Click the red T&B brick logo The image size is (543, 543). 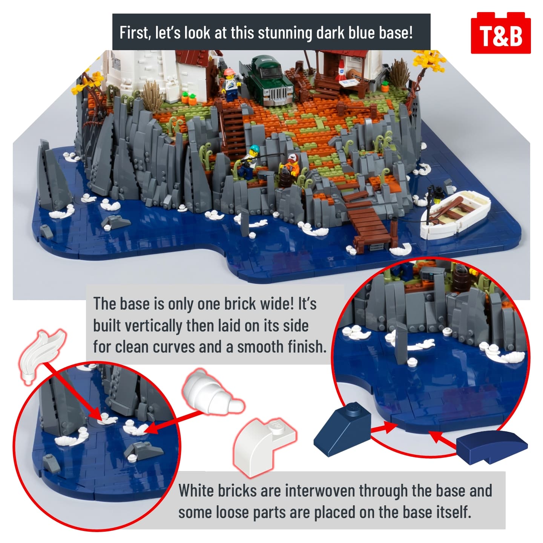tap(500, 33)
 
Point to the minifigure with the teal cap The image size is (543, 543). tap(248, 163)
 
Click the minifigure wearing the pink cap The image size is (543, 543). tap(229, 84)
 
